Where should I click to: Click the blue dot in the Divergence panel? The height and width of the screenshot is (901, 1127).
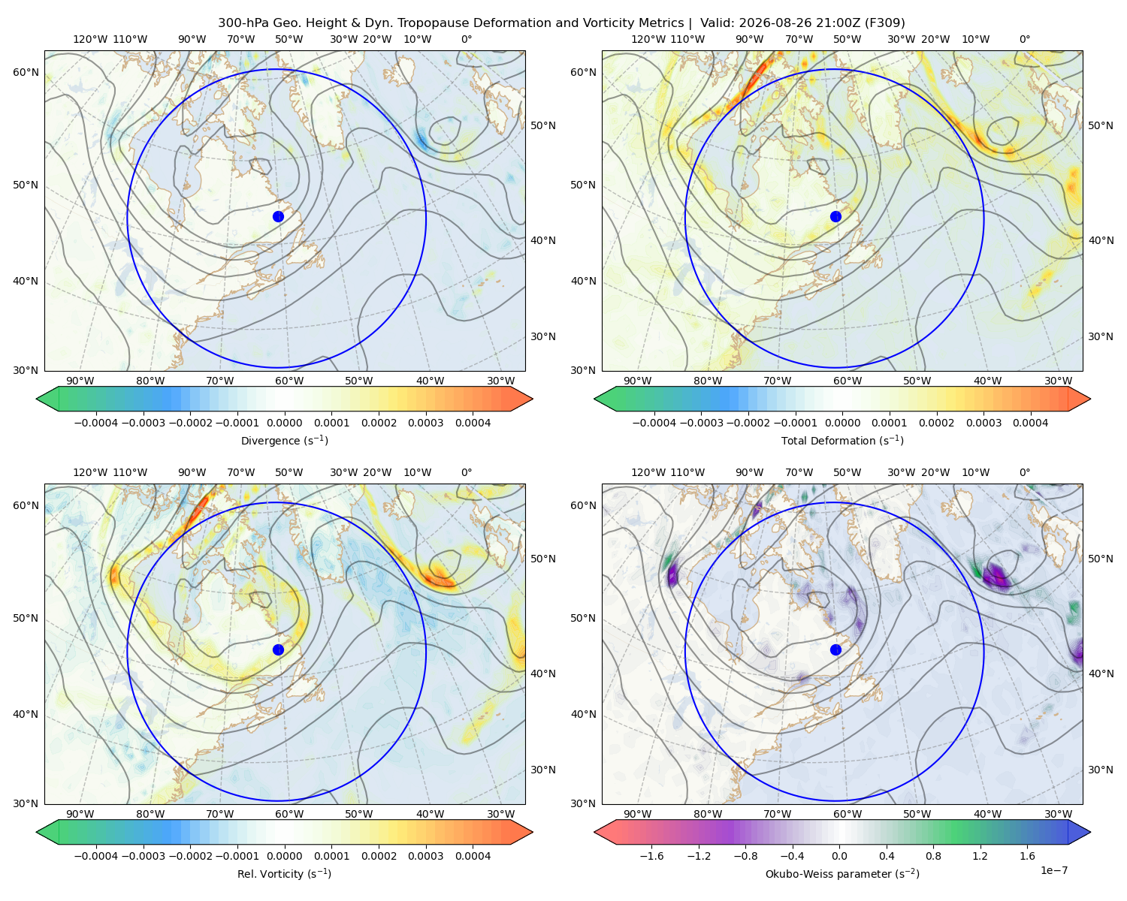(x=278, y=217)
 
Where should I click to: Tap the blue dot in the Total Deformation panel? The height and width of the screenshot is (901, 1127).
(x=835, y=217)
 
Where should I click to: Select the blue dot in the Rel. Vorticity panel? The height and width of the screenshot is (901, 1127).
(x=278, y=649)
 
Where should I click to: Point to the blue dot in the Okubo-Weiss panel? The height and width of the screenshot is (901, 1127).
(x=835, y=649)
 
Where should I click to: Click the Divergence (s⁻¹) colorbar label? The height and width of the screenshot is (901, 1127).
(x=284, y=441)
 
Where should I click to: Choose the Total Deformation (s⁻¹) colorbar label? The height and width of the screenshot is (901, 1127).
(x=842, y=441)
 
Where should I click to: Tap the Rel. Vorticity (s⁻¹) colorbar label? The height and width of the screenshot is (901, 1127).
(x=284, y=874)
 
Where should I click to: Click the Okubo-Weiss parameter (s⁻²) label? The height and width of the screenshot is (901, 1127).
(x=842, y=874)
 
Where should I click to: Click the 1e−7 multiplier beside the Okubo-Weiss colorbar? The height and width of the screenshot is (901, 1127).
(x=1053, y=871)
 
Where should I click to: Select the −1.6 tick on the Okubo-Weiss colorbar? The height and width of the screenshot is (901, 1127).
(x=652, y=856)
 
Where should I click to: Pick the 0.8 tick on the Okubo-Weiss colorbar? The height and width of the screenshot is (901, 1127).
(x=933, y=856)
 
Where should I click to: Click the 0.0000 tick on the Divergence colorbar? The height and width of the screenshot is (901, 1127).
(x=284, y=423)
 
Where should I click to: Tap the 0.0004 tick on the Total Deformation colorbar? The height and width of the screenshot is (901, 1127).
(x=1030, y=423)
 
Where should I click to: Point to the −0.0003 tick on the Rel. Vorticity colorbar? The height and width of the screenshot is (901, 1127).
(x=143, y=856)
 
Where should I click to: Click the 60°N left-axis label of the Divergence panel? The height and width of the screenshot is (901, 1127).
(x=26, y=72)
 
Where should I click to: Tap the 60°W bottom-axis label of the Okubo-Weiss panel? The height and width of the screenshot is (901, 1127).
(x=847, y=814)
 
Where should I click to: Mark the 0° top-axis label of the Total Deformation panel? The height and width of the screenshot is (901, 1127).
(x=1024, y=39)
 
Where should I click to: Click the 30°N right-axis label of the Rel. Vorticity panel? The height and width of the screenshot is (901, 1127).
(x=543, y=770)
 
